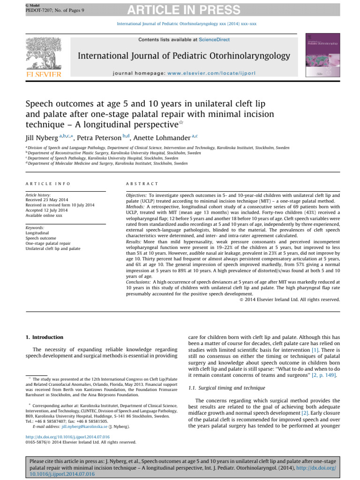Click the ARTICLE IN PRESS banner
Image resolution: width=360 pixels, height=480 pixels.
click(180, 9)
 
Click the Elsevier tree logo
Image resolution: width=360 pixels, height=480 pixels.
click(44, 54)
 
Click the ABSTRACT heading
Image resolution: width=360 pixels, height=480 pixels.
click(142, 183)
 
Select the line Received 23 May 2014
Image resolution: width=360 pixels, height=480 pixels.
click(47, 200)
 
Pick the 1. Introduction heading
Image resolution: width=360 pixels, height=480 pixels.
click(44, 337)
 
